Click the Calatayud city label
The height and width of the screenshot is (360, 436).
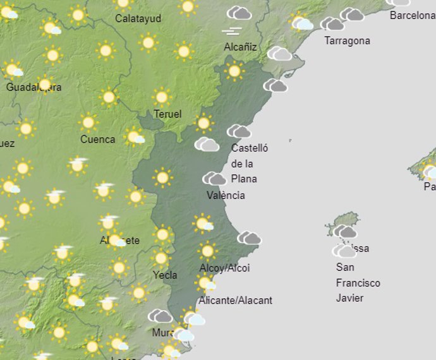pyautogui.click(x=138, y=18)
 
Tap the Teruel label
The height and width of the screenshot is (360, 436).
pyautogui.click(x=167, y=114)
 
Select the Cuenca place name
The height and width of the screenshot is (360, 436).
pyautogui.click(x=98, y=139)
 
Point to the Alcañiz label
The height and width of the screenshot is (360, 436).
pyautogui.click(x=241, y=47)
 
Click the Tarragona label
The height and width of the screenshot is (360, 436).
pyautogui.click(x=347, y=41)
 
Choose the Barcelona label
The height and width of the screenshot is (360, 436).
pyautogui.click(x=412, y=16)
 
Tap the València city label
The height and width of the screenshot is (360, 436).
pyautogui.click(x=226, y=195)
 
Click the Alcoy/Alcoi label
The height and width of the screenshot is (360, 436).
pyautogui.click(x=224, y=268)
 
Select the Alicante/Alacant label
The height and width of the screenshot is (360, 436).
pyautogui.click(x=235, y=300)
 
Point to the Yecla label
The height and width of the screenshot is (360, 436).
pyautogui.click(x=165, y=275)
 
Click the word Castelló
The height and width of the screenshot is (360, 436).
pyautogui.click(x=250, y=148)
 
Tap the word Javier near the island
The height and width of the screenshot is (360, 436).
pyautogui.click(x=349, y=297)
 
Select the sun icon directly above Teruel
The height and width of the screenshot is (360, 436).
pyautogui.click(x=162, y=97)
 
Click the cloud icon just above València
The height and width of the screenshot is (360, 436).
pyautogui.click(x=214, y=178)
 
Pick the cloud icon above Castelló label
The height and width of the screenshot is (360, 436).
pyautogui.click(x=239, y=131)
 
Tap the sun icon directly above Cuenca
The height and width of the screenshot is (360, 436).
pyautogui.click(x=88, y=122)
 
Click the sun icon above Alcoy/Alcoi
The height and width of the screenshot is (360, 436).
pyautogui.click(x=207, y=251)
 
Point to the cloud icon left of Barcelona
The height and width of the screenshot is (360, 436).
pyautogui.click(x=352, y=14)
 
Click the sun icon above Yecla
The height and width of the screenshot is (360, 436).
pyautogui.click(x=161, y=258)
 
